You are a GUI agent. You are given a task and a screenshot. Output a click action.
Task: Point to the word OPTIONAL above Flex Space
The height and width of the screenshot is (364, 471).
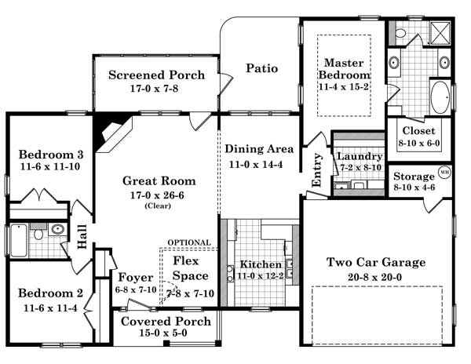click(x=189, y=242)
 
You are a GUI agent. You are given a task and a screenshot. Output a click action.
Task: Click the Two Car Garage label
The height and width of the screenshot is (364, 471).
click(x=376, y=262)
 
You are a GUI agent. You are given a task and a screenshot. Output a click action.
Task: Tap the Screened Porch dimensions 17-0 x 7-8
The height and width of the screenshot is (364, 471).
click(x=156, y=90)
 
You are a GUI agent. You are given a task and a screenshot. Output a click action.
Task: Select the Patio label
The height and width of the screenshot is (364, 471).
click(x=261, y=68)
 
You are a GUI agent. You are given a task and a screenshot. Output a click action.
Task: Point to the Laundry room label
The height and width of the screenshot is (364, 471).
click(x=360, y=155)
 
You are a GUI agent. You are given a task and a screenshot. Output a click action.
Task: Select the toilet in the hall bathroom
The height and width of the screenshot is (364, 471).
click(x=37, y=233)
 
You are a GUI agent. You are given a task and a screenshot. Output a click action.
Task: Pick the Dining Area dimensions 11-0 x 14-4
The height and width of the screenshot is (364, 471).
click(x=259, y=165)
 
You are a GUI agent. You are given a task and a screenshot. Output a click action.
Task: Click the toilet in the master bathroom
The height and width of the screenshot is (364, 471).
click(x=400, y=34)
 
